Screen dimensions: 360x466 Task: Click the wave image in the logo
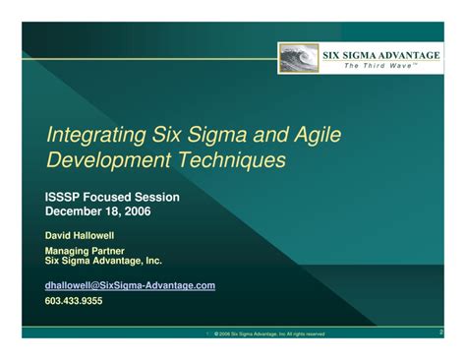tap(301, 59)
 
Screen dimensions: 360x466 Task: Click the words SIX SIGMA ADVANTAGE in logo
tap(381, 55)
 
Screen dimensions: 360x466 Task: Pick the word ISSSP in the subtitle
tap(65, 198)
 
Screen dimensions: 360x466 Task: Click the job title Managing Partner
tap(85, 252)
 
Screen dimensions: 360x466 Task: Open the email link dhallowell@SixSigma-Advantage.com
tap(130, 285)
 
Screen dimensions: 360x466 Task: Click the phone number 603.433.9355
tap(74, 301)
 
